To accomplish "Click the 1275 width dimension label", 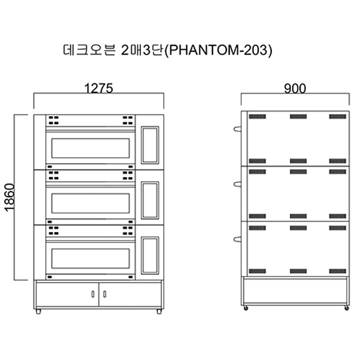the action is (99, 88).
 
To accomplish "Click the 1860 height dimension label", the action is (10, 197).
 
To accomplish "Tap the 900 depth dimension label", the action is (295, 89).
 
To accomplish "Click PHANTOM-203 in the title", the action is (218, 50).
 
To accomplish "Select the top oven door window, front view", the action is (91, 148).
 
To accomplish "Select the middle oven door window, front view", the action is (91, 203).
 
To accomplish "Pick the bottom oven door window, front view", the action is (91, 259).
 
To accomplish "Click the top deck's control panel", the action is (150, 145).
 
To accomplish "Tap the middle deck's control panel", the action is (150, 200).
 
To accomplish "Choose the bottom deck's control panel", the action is (150, 256).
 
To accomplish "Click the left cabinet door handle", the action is (93, 294).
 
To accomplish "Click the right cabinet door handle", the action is (104, 294).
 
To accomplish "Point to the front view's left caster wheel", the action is (38, 311).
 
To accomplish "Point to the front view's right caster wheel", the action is (159, 311).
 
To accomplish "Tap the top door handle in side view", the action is (237, 129).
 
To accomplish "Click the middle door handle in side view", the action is (237, 184).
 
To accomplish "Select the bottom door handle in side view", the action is (237, 239).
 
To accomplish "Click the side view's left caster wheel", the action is (246, 308).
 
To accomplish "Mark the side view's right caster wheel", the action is (347, 308).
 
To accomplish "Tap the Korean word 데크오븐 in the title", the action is (89, 50).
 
